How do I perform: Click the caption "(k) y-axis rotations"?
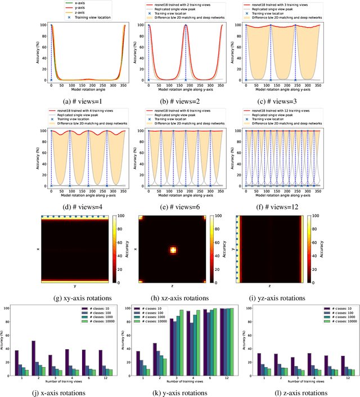[179, 390]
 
